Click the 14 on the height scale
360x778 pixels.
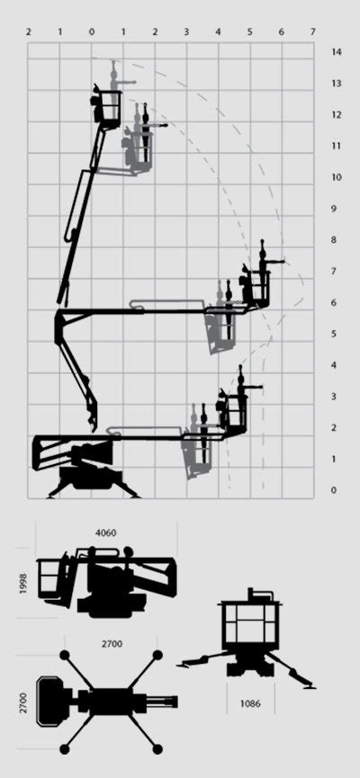336,52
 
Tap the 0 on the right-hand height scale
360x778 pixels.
333,490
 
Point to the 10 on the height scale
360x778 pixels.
336,177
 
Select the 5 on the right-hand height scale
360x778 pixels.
333,334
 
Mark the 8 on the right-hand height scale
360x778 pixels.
333,240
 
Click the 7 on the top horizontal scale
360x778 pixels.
312,31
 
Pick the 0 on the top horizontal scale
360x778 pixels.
91,31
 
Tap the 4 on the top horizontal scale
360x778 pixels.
218,31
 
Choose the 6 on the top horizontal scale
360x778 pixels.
281,31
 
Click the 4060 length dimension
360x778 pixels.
106,532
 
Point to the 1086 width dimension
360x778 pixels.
251,703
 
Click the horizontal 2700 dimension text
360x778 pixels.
112,643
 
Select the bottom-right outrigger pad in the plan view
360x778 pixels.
157,748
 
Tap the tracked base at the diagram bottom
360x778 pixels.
90,477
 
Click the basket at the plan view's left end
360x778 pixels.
47,700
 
